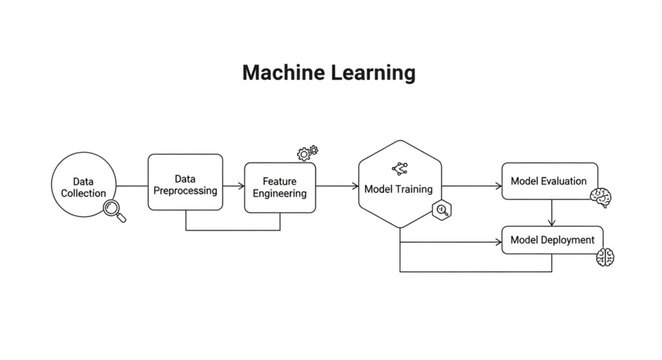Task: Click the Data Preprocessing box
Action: pyautogui.click(x=184, y=183)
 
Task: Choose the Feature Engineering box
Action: pyautogui.click(x=280, y=187)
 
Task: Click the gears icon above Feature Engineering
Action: pyautogui.click(x=307, y=153)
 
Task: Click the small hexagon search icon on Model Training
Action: pyautogui.click(x=440, y=210)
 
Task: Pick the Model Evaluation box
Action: pyautogui.click(x=549, y=181)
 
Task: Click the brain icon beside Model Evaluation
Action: pyautogui.click(x=601, y=198)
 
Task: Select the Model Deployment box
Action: pyautogui.click(x=551, y=241)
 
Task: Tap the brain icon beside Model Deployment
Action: pyautogui.click(x=605, y=258)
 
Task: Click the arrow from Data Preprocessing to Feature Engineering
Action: pyautogui.click(x=232, y=187)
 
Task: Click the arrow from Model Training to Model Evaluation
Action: pyautogui.click(x=470, y=187)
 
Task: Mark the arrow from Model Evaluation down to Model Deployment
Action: pyautogui.click(x=552, y=212)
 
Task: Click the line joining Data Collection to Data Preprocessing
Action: pyautogui.click(x=133, y=187)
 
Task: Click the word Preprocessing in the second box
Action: pyautogui.click(x=184, y=191)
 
